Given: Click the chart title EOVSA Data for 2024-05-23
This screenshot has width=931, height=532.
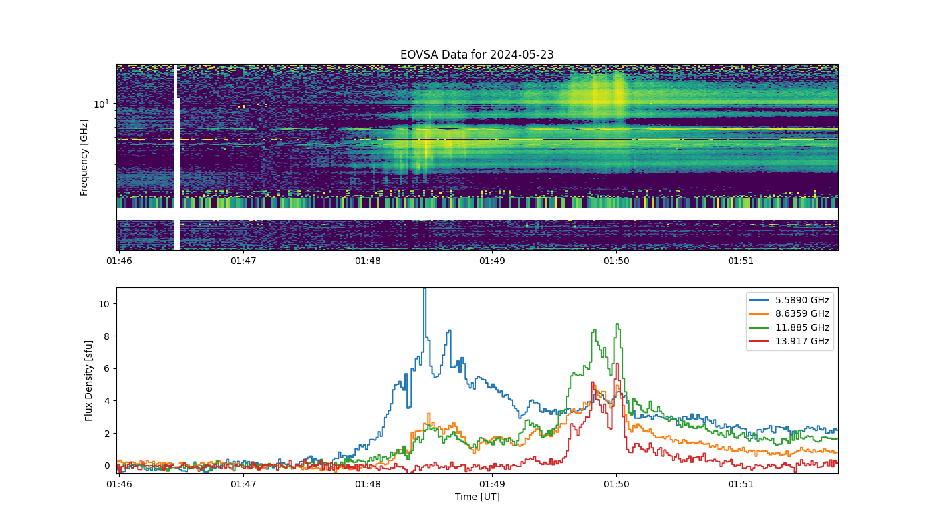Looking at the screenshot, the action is (x=477, y=55).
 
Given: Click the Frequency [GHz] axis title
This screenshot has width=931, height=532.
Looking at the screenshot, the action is (x=84, y=158).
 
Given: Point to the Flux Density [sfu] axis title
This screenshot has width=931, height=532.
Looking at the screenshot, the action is (x=88, y=380).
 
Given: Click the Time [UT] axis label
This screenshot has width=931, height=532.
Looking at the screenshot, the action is (x=477, y=497).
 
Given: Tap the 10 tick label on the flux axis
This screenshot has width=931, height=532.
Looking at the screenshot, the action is (x=104, y=304).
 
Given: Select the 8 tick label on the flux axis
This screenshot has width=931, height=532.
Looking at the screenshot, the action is (x=107, y=336).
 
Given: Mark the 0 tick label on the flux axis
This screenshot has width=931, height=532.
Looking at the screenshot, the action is (x=107, y=465).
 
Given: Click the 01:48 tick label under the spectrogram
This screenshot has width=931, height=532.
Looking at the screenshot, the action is (x=368, y=261).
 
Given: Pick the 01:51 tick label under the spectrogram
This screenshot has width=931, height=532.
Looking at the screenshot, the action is (x=741, y=261).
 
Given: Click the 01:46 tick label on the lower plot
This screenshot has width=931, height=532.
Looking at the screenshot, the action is (x=119, y=484).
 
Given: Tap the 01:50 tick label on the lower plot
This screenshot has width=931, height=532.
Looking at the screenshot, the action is (x=616, y=484).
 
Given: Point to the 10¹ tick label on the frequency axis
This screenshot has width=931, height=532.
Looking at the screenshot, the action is (x=101, y=104).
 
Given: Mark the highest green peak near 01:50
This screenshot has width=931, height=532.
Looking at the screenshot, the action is (x=618, y=325).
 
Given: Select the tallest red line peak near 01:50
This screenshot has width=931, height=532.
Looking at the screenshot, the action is (x=618, y=364).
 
